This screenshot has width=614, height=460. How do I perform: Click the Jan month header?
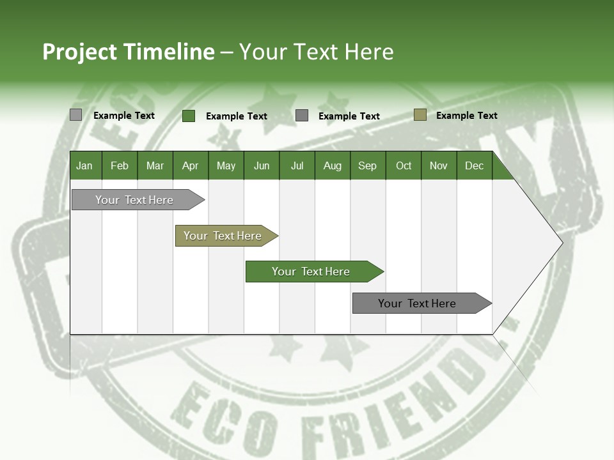pyautogui.click(x=85, y=165)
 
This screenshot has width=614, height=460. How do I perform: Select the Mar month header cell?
pyautogui.click(x=155, y=165)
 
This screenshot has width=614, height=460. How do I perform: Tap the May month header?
pyautogui.click(x=226, y=165)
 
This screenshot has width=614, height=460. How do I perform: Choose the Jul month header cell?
pyautogui.click(x=297, y=165)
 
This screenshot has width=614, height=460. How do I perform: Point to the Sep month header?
pyautogui.click(x=367, y=165)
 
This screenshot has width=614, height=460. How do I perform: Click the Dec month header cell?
pyautogui.click(x=474, y=165)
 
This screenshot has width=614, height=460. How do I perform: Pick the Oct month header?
pyautogui.click(x=404, y=165)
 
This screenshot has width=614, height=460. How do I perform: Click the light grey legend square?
pyautogui.click(x=75, y=115)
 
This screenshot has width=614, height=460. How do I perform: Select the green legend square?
pyautogui.click(x=189, y=116)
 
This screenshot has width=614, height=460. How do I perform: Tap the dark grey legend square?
pyautogui.click(x=302, y=115)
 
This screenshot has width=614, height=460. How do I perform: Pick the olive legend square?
pyautogui.click(x=420, y=115)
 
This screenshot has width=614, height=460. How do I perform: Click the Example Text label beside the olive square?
pyautogui.click(x=466, y=116)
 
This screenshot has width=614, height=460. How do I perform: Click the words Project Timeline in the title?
pyautogui.click(x=129, y=52)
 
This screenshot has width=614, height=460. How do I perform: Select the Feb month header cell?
pyautogui.click(x=120, y=165)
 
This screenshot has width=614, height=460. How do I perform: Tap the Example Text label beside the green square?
pyautogui.click(x=236, y=116)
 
